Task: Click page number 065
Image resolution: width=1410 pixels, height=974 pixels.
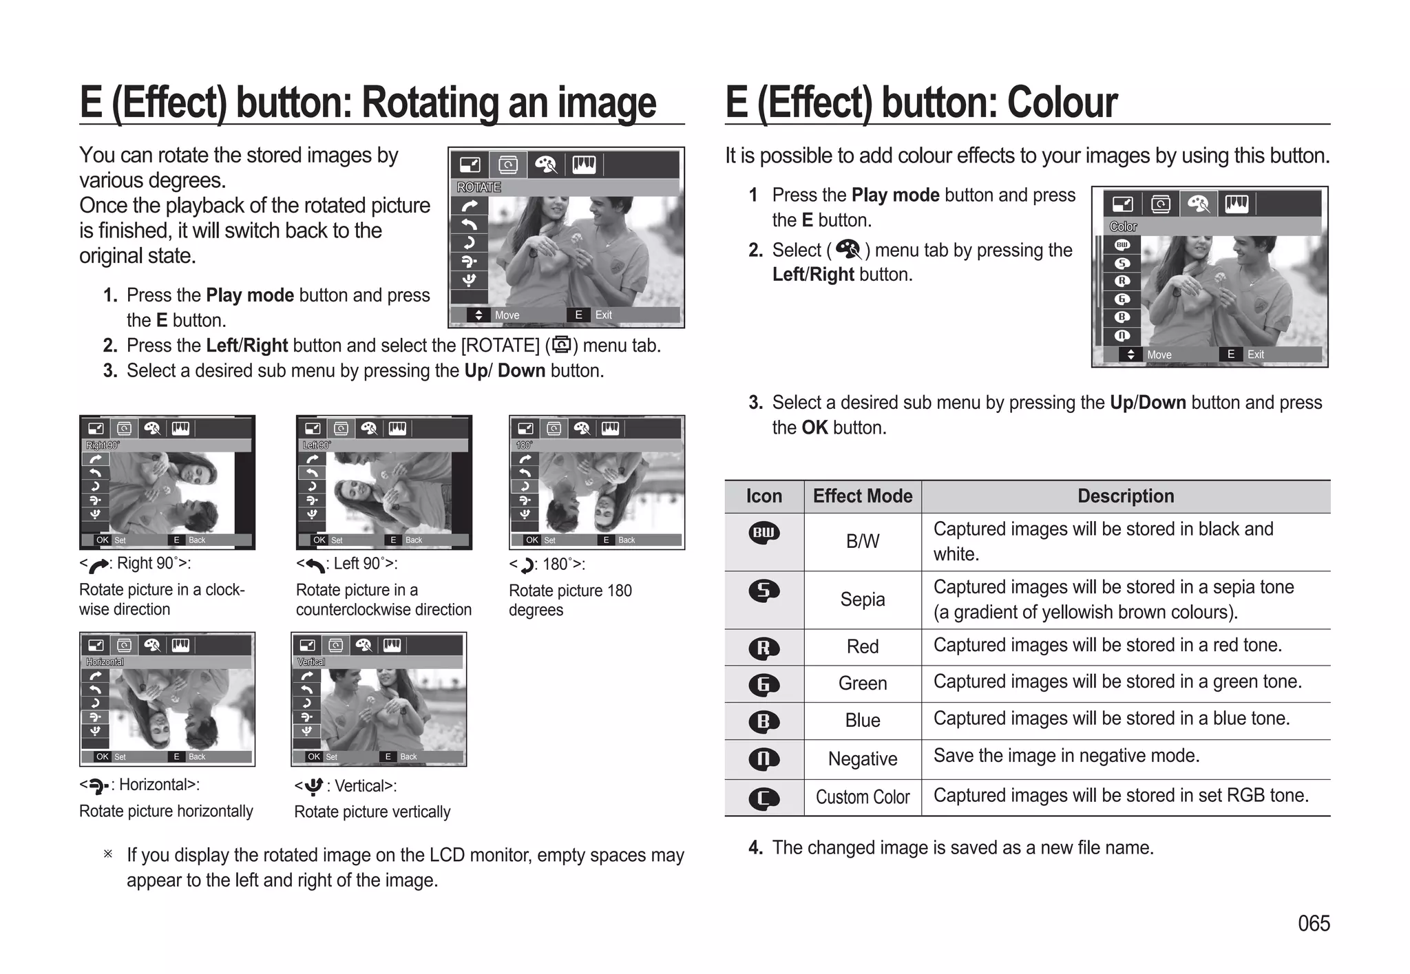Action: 1314,923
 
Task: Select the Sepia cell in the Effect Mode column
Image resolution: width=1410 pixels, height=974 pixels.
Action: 862,600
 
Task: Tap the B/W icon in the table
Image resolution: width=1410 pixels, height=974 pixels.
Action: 764,533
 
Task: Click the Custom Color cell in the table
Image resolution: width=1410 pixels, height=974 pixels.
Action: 862,797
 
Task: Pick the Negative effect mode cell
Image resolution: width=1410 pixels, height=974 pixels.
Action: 862,759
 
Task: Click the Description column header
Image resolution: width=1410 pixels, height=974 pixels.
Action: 1126,496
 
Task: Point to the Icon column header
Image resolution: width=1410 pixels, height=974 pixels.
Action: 764,496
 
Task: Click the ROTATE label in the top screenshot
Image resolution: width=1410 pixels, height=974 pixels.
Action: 479,187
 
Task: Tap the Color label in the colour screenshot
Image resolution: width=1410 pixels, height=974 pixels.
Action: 1123,226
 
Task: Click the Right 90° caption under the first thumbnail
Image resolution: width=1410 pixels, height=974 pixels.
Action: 153,564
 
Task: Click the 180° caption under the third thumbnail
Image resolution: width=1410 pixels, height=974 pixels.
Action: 563,564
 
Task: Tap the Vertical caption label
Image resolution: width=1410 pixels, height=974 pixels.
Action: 365,786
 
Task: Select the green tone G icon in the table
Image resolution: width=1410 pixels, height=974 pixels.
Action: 764,684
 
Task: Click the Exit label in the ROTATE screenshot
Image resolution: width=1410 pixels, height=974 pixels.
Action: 603,315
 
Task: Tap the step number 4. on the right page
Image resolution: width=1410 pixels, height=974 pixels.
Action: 755,848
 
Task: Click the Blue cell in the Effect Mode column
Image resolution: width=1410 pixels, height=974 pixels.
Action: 862,721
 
